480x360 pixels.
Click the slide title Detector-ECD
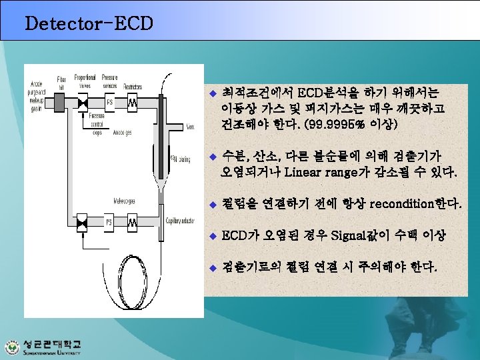coord(89,24)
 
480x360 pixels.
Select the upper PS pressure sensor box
coord(110,103)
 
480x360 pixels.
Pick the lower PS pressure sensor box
coord(110,221)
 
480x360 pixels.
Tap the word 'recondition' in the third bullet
coord(400,203)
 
